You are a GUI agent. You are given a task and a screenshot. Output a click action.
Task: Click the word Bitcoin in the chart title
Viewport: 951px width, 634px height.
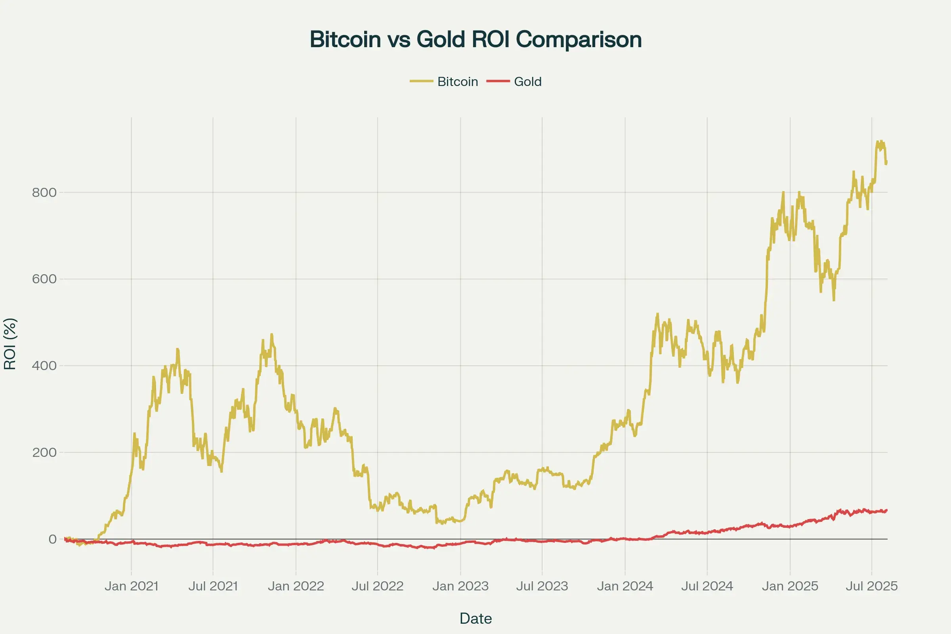(345, 40)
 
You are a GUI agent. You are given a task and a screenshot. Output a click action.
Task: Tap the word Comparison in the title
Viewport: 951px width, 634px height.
(579, 40)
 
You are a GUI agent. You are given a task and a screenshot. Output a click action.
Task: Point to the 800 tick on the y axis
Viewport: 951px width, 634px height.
(44, 193)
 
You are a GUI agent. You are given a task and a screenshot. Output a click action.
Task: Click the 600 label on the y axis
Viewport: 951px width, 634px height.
(44, 279)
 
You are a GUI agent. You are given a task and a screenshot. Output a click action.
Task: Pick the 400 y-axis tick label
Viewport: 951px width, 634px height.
(44, 366)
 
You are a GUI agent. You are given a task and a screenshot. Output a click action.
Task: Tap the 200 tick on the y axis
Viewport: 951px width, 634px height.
(44, 453)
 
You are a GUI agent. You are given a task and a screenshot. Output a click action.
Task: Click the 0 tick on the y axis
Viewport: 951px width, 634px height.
(52, 539)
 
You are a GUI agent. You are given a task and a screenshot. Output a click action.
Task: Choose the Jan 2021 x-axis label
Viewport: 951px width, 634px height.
(132, 586)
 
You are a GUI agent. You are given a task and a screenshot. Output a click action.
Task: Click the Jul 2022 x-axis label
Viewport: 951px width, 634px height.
(378, 586)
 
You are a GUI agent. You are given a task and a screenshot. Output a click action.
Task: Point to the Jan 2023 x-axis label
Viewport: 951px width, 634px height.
(460, 586)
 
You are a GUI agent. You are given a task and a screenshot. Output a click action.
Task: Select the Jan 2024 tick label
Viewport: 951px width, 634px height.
(625, 586)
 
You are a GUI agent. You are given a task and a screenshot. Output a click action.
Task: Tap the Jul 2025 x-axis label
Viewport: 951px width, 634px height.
(872, 586)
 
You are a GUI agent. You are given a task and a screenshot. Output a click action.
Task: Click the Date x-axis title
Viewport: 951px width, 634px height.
(475, 619)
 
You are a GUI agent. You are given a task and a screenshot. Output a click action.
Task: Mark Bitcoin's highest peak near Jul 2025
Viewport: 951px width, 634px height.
(878, 141)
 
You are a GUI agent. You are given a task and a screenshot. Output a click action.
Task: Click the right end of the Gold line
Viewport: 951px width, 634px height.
(887, 510)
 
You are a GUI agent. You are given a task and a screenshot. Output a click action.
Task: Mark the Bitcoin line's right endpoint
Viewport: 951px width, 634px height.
(887, 162)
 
